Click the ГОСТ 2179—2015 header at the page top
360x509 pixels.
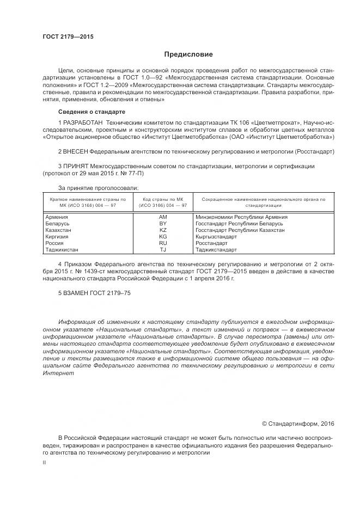68,37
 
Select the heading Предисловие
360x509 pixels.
188,54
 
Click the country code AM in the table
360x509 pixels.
162,217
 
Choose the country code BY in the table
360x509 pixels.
162,224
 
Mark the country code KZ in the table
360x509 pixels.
162,230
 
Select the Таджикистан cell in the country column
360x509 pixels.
62,250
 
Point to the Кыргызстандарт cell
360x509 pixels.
216,237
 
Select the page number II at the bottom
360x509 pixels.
44,462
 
